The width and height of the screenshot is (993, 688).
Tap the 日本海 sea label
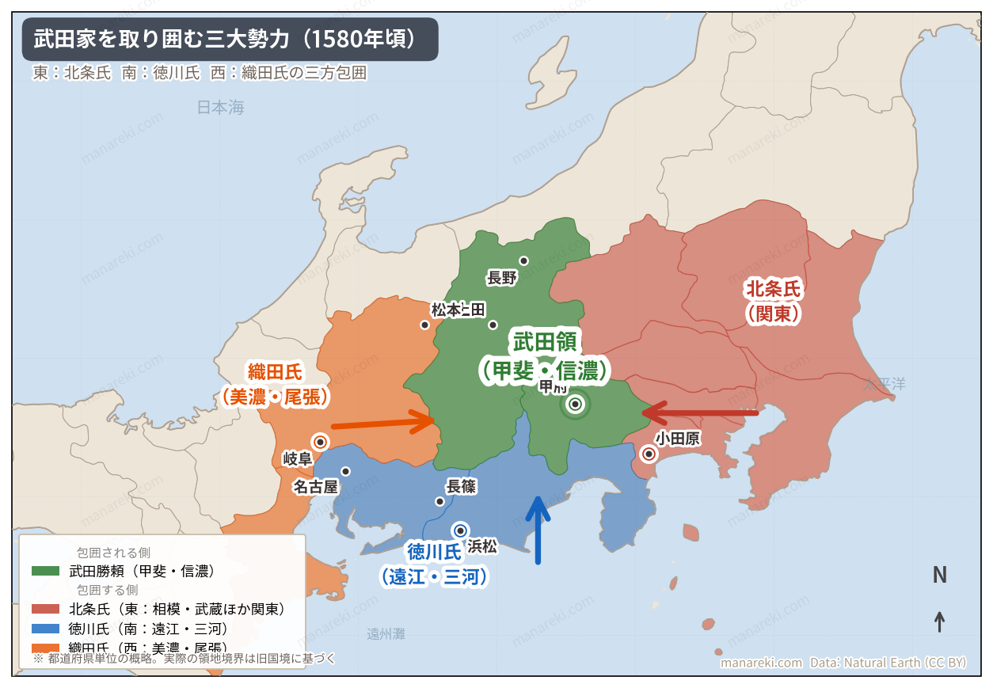[x=221, y=108]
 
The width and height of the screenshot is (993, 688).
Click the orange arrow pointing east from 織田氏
[x=383, y=422]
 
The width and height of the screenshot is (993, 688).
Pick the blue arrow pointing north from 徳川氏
[x=538, y=530]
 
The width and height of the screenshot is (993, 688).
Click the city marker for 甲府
[x=576, y=405]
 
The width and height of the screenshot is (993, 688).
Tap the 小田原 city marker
[x=649, y=454]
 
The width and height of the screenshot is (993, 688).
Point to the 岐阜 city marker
[x=320, y=442]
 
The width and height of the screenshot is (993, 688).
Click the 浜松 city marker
[x=460, y=530]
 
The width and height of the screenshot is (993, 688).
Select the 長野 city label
[x=502, y=278]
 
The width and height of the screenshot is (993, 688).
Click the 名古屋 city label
[x=315, y=486]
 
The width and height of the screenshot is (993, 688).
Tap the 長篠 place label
[x=461, y=487]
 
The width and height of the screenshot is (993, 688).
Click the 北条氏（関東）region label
[x=773, y=302]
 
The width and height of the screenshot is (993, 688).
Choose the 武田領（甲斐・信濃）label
[x=546, y=355]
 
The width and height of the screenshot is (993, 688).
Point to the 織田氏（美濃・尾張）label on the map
[x=275, y=384]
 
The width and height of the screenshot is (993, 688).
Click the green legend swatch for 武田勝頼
[x=45, y=570]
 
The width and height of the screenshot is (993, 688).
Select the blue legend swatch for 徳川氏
[x=45, y=629]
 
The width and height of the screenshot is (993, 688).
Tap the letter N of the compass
[x=939, y=576]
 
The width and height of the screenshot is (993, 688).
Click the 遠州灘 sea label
[x=386, y=634]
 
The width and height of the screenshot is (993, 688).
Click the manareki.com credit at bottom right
[x=761, y=663]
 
